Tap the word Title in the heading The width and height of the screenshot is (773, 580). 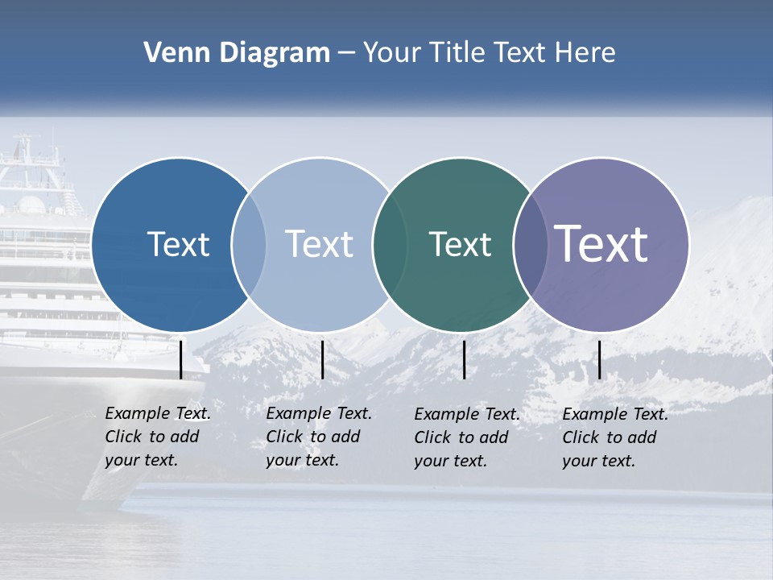(x=459, y=53)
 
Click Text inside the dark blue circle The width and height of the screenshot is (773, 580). (x=178, y=244)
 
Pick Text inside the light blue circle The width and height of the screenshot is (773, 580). (x=320, y=244)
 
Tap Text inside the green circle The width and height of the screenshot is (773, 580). (x=460, y=245)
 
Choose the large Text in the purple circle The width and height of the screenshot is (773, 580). (x=601, y=244)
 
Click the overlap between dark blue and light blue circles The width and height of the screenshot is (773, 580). (x=250, y=245)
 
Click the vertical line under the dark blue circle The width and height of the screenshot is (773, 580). (x=180, y=359)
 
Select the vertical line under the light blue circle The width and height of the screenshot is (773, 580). (x=322, y=359)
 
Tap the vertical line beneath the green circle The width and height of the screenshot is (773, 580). (x=464, y=359)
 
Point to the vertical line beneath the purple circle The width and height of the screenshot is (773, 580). (x=599, y=359)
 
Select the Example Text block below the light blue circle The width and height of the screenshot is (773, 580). (x=318, y=437)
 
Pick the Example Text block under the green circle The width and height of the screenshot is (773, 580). (x=466, y=437)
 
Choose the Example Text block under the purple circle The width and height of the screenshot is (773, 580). (x=614, y=437)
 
